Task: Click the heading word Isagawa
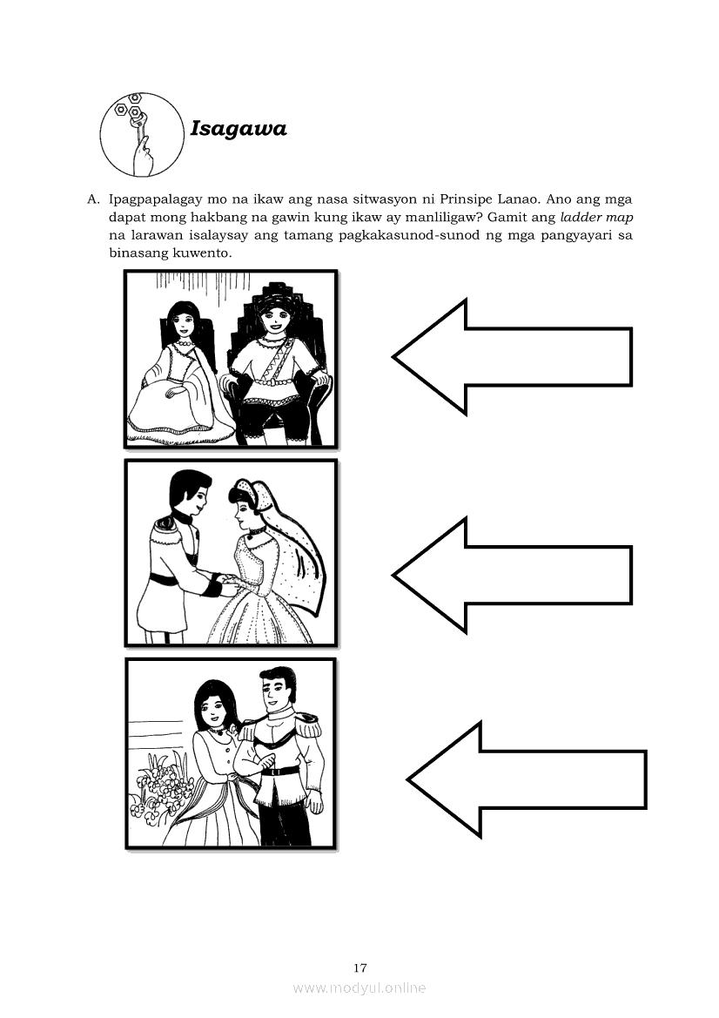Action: click(239, 129)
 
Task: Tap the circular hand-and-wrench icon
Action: click(142, 135)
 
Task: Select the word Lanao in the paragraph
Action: click(554, 199)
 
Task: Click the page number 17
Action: click(360, 968)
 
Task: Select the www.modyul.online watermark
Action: click(359, 988)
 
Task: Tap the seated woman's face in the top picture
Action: click(182, 322)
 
